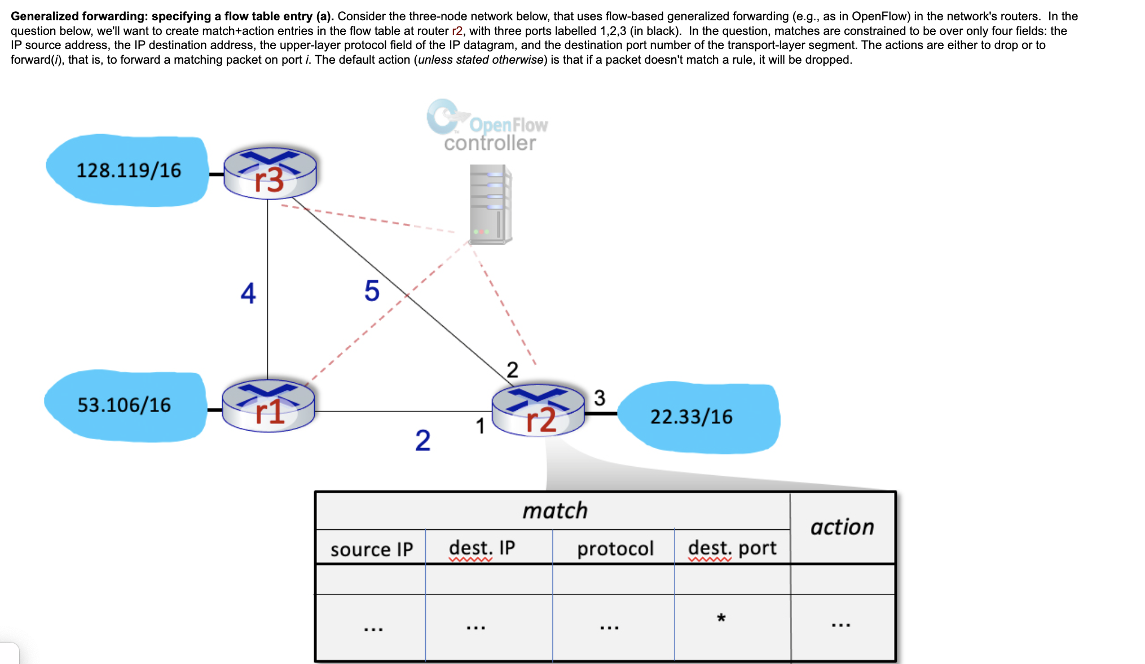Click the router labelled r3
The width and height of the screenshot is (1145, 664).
pos(270,173)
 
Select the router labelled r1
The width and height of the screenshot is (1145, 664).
pos(268,406)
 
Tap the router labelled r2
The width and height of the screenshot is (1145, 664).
pos(538,410)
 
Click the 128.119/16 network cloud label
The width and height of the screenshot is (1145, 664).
pos(129,170)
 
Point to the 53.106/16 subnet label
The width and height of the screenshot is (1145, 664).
pos(124,405)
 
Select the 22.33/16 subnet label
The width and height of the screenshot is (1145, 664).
pos(691,417)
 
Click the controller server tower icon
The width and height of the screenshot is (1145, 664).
pos(490,204)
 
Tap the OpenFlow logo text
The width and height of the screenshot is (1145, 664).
pos(508,125)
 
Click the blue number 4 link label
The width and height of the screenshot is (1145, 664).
pos(248,293)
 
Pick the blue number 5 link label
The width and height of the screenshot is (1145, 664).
pos(372,291)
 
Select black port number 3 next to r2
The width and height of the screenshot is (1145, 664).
pos(600,398)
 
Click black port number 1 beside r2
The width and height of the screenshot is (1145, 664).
pos(480,426)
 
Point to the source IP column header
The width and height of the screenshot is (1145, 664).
pos(371,548)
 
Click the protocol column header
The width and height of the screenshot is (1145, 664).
pos(615,548)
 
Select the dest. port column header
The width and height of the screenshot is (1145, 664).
pos(732,547)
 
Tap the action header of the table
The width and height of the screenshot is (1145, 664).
pos(842,527)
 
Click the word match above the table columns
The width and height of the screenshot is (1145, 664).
pos(555,511)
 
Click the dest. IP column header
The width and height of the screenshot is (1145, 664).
pos(482,547)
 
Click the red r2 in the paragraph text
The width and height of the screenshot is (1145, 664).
pos(457,31)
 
